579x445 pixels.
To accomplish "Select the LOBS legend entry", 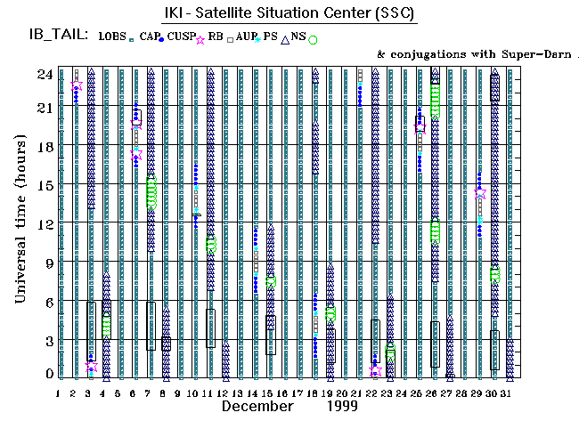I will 113,36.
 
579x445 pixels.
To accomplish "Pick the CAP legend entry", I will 149,36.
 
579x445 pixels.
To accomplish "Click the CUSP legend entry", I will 182,36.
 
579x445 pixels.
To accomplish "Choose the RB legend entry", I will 216,36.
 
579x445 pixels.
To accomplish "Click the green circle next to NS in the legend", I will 313,39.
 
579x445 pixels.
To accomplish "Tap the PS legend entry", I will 271,36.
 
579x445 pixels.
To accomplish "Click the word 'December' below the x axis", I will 257,406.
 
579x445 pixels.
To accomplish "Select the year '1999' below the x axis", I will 341,406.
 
